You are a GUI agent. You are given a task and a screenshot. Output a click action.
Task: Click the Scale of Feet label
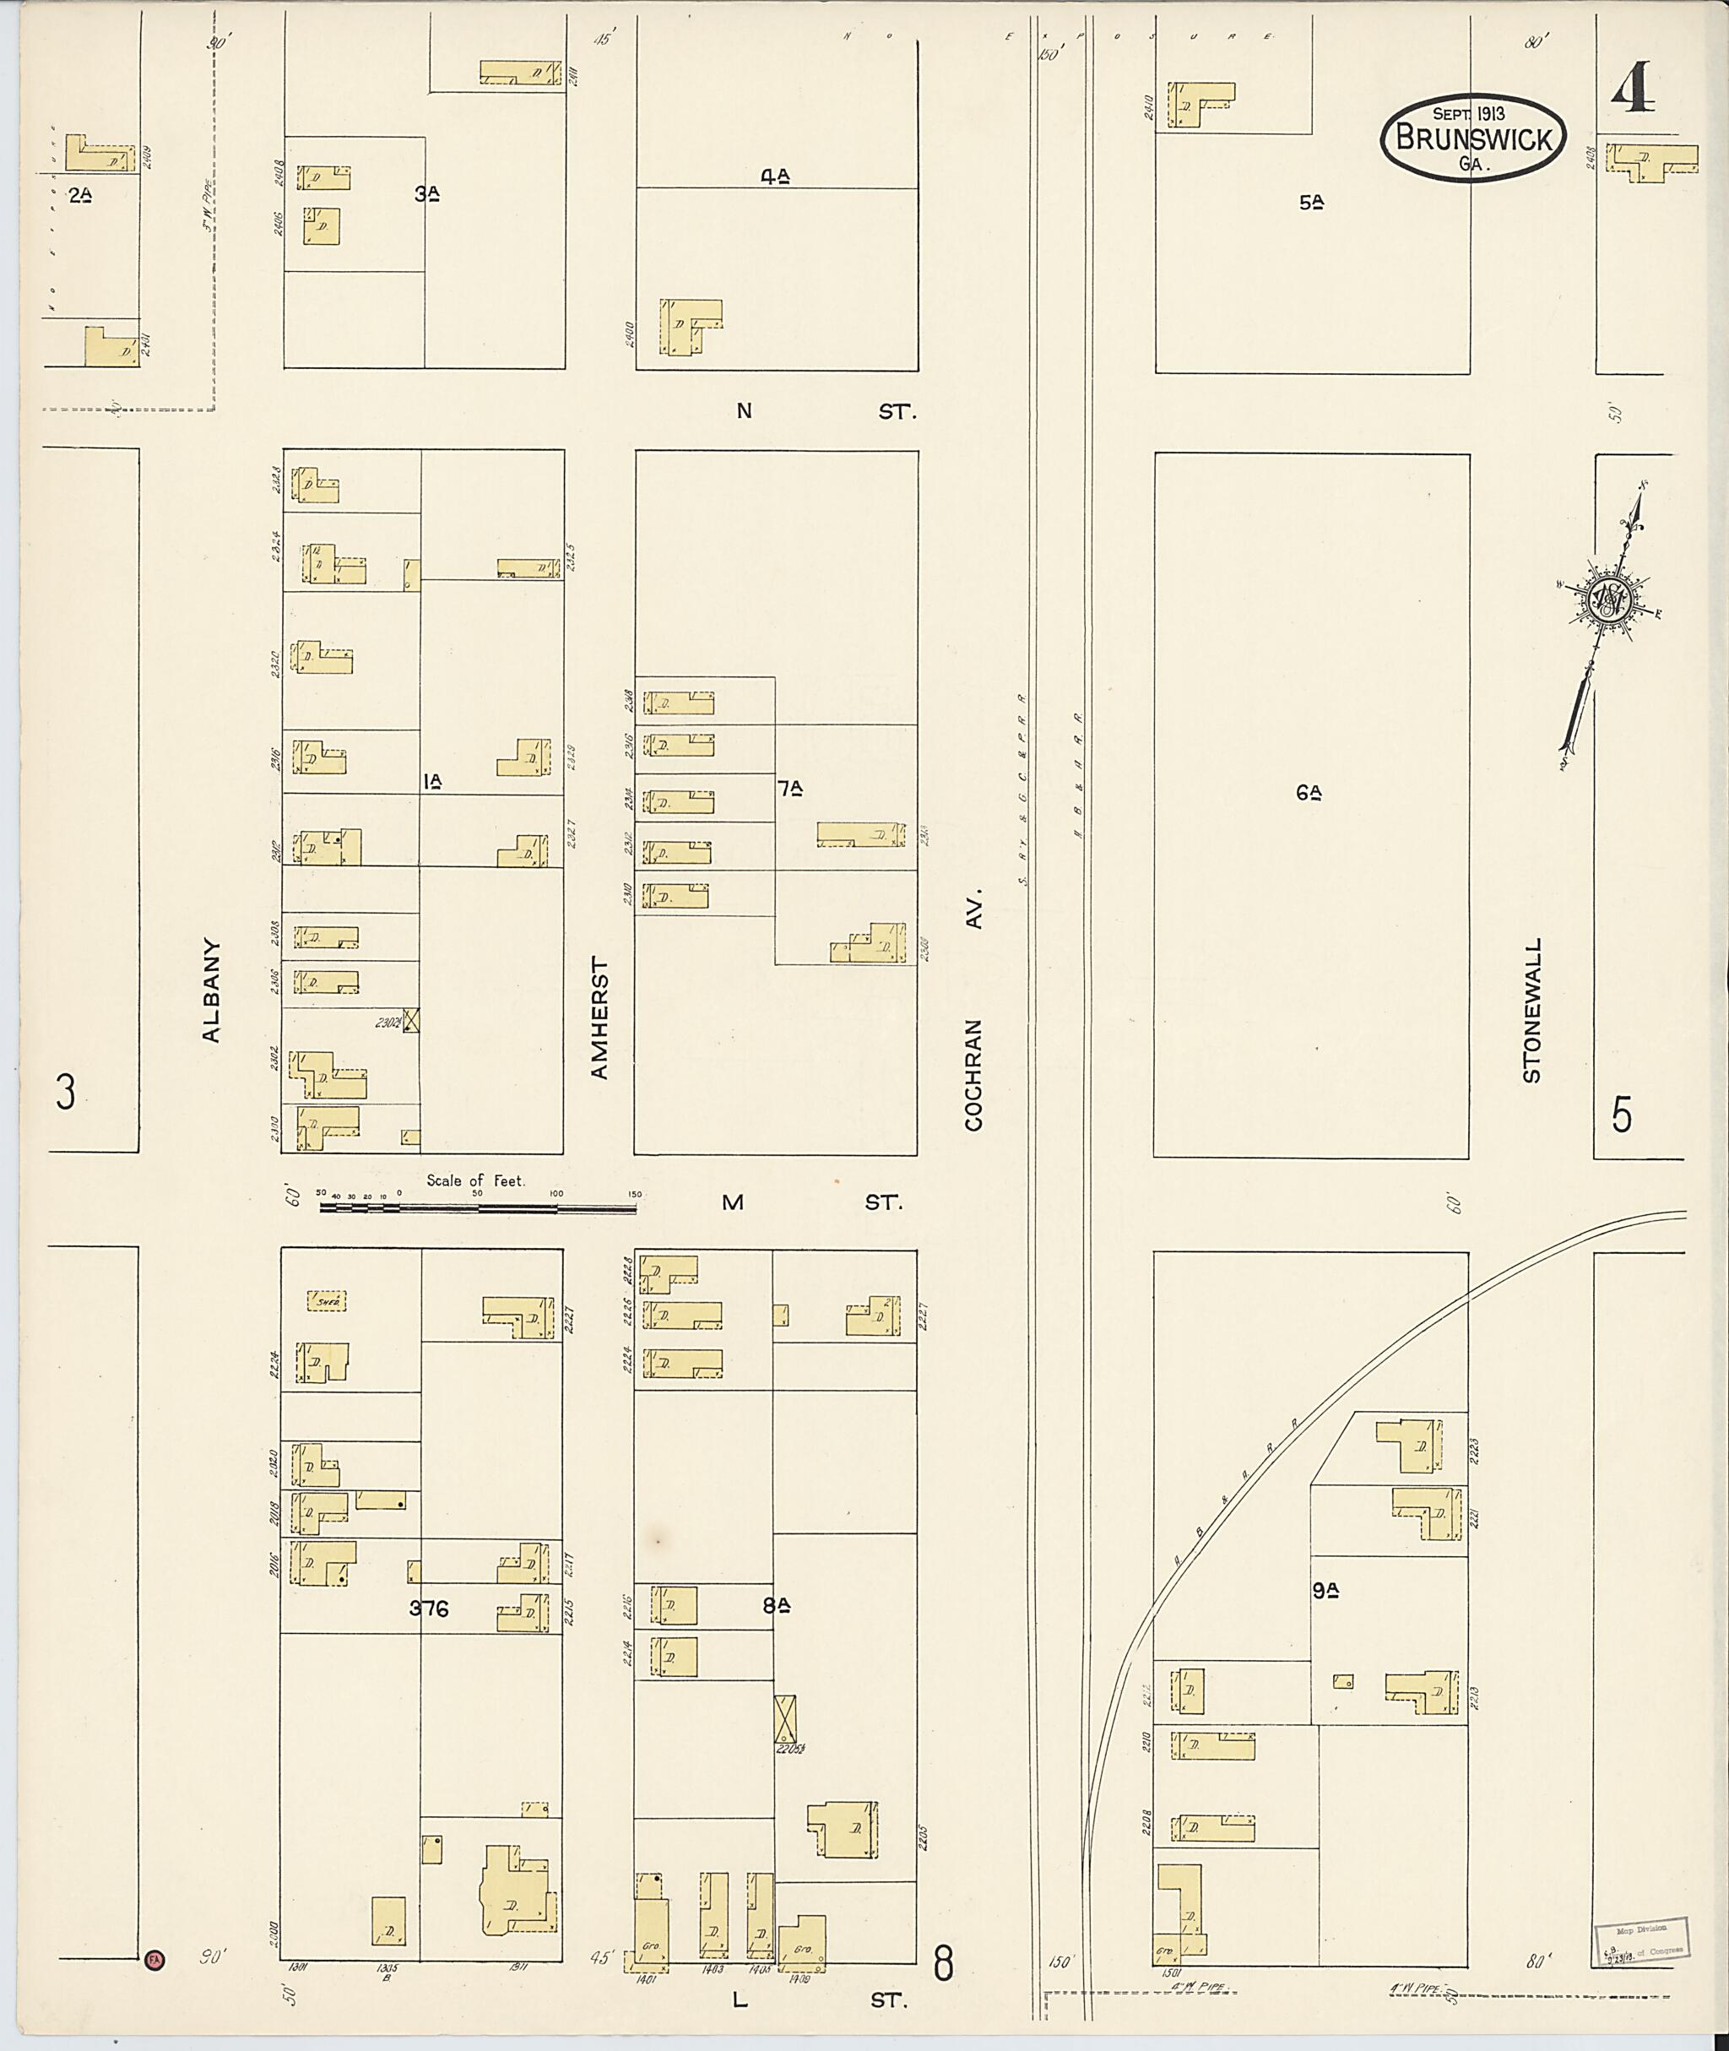[x=475, y=1181]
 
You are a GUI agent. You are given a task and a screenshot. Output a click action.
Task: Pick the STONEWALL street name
[x=1532, y=1010]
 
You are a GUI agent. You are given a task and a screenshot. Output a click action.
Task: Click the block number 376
[x=428, y=1609]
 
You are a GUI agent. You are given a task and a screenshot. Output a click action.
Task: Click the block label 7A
[x=791, y=787]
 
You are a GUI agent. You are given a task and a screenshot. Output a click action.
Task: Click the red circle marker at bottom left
[x=154, y=1960]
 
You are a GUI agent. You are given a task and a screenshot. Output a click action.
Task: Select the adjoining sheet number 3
[x=66, y=1092]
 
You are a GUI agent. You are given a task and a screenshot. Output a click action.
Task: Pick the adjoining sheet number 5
[x=1622, y=1115]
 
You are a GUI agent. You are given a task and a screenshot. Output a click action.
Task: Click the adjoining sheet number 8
[x=943, y=1964]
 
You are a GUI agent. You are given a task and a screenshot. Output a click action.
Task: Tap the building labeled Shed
[x=327, y=1301]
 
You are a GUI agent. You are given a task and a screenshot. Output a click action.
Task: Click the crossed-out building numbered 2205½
[x=785, y=1718]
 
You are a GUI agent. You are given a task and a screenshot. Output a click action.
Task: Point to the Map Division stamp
[x=1639, y=1941]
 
